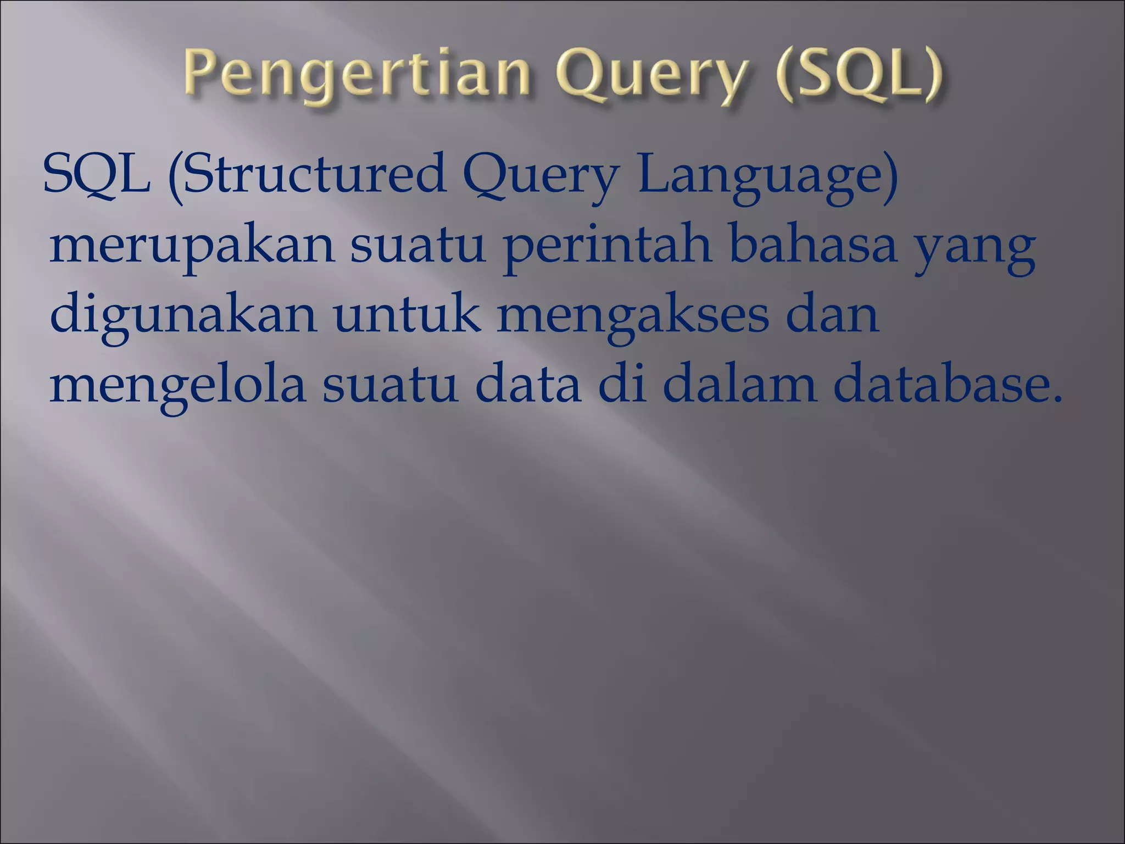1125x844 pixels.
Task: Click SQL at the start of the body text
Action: click(x=97, y=175)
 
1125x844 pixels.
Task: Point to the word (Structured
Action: click(x=308, y=175)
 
